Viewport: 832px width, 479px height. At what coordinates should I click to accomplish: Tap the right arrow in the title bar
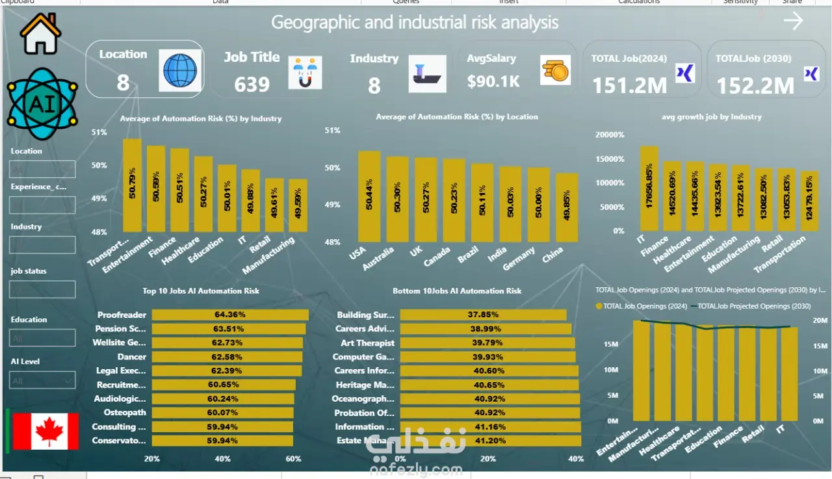pyautogui.click(x=793, y=21)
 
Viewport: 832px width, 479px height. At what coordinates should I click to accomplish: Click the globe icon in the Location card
pyautogui.click(x=179, y=70)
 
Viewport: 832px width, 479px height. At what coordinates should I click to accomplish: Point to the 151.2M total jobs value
pyautogui.click(x=630, y=85)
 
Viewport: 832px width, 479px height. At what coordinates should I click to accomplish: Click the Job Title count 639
pyautogui.click(x=252, y=84)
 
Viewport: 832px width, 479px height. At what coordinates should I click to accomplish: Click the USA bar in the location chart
pyautogui.click(x=369, y=196)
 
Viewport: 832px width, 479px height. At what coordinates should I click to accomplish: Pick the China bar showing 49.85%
pyautogui.click(x=566, y=207)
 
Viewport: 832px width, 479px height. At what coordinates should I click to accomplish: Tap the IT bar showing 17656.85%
pyautogui.click(x=649, y=188)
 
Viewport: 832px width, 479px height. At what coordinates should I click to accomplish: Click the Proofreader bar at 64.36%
pyautogui.click(x=230, y=315)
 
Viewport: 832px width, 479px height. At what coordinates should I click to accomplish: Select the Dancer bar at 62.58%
pyautogui.click(x=227, y=357)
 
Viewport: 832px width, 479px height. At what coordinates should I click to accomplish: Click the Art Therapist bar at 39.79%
pyautogui.click(x=487, y=343)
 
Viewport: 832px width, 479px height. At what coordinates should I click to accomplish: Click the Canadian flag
pyautogui.click(x=45, y=432)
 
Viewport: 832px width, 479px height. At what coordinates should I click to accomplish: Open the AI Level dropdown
pyautogui.click(x=43, y=380)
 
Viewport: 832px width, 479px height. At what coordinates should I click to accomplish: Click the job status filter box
pyautogui.click(x=43, y=289)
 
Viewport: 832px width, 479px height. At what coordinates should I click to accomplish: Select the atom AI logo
pyautogui.click(x=42, y=104)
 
